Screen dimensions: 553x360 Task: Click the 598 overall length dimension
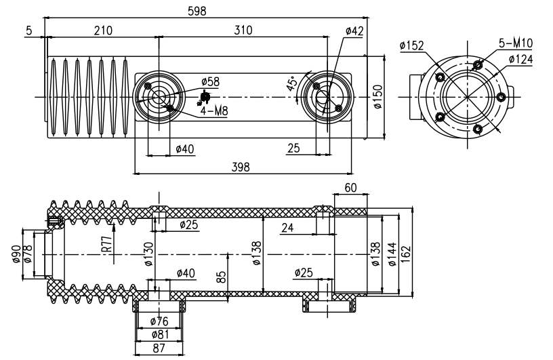click(x=197, y=12)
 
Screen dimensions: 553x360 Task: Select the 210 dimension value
click(x=103, y=31)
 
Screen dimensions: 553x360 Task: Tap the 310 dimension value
click(x=243, y=31)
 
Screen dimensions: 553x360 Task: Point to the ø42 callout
click(x=354, y=31)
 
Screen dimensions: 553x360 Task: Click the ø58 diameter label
click(x=210, y=82)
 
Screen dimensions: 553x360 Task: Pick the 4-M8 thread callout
click(x=214, y=111)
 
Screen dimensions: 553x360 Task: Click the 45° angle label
click(x=292, y=83)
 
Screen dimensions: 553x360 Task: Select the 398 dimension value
click(x=241, y=167)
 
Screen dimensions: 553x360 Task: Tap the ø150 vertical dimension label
click(x=377, y=97)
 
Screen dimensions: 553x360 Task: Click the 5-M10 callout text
click(x=516, y=43)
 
